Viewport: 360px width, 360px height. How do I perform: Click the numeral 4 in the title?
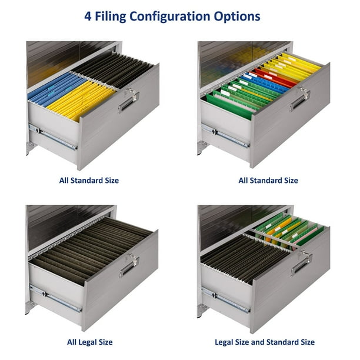click(88, 16)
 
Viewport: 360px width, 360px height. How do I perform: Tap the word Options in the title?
click(237, 16)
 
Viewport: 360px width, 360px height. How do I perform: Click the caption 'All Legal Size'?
click(90, 342)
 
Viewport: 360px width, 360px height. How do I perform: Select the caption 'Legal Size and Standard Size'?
click(265, 342)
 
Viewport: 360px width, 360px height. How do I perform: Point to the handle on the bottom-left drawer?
click(129, 266)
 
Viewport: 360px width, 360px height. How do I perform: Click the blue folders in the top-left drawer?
click(56, 89)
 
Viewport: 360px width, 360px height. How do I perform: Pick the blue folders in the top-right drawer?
click(264, 83)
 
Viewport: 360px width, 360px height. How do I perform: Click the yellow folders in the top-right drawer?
click(294, 66)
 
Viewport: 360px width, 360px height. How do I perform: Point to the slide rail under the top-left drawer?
click(52, 137)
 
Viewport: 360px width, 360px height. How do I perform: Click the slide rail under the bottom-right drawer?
click(225, 301)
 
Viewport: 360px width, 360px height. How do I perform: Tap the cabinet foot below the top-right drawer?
click(202, 148)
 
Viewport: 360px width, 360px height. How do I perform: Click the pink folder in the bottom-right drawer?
click(307, 234)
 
